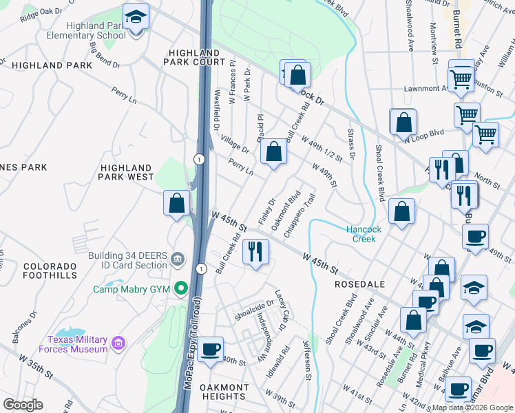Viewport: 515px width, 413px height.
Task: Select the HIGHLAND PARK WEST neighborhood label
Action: point(127,172)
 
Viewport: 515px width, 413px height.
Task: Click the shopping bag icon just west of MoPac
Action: point(177,203)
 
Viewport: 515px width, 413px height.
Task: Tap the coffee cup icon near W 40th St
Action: point(210,349)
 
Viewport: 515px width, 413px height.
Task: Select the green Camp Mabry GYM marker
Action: point(181,288)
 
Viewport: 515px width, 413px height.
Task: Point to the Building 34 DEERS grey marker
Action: point(178,260)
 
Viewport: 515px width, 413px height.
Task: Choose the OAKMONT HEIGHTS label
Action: point(224,392)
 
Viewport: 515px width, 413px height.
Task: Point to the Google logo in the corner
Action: point(23,405)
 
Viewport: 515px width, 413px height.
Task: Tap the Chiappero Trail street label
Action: point(299,215)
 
